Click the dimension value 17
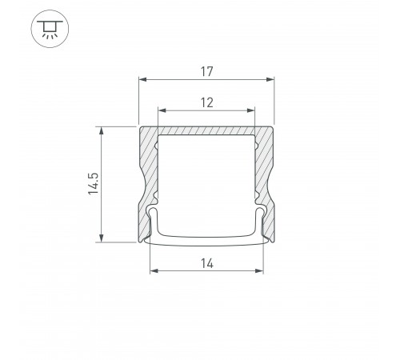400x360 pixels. (x=207, y=71)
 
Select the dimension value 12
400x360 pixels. (x=207, y=102)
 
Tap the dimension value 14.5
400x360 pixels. (x=94, y=184)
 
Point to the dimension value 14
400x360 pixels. (x=207, y=263)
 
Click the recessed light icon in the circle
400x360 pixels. (x=50, y=29)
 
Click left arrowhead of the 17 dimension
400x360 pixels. (x=142, y=79)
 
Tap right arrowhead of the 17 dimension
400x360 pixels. (x=270, y=79)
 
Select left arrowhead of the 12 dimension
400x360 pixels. (x=162, y=110)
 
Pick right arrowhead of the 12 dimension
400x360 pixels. (x=251, y=110)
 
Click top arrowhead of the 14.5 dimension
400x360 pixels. (x=102, y=130)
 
